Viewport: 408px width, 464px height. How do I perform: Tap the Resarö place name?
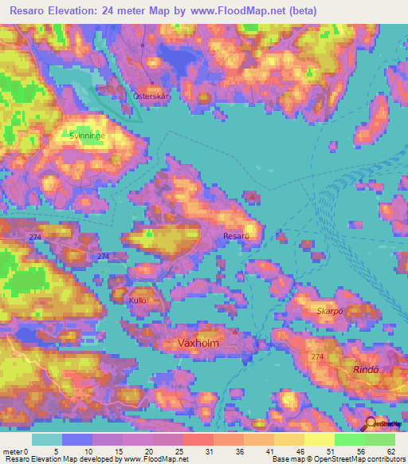[237, 236]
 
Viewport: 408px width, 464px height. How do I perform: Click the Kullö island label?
[138, 300]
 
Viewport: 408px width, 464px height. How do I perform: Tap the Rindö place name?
[368, 370]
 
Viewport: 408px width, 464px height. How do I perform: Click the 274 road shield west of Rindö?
[319, 356]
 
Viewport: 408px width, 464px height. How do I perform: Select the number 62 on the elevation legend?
[390, 452]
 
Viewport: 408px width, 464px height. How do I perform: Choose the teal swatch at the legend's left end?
[46, 439]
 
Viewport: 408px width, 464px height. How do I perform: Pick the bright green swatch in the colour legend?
[349, 439]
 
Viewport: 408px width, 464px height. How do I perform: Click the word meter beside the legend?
[13, 452]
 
